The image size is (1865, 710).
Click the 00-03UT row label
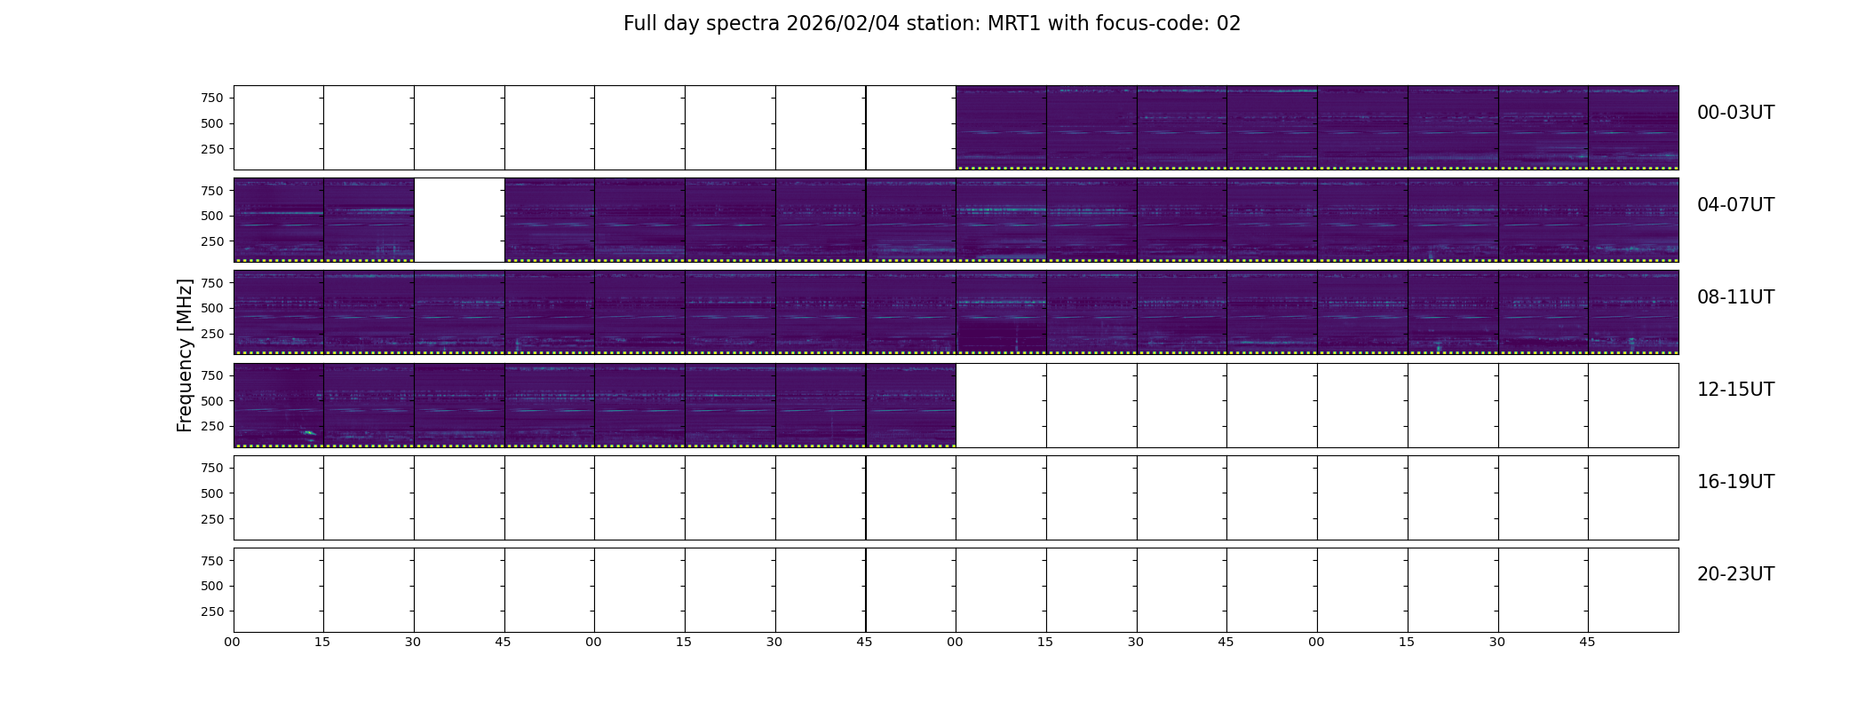1735,113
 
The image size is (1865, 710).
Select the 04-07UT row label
1735,205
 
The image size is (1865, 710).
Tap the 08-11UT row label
1735,297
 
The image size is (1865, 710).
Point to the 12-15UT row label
1735,390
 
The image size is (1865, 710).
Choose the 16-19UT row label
1735,482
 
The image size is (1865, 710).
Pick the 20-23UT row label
1735,574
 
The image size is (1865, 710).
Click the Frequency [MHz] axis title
185,355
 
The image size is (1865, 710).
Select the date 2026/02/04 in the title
843,24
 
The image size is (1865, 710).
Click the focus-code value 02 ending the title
1228,24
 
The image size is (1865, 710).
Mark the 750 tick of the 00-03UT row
211,98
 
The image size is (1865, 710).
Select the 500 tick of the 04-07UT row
211,216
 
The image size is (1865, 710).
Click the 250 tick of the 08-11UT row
211,334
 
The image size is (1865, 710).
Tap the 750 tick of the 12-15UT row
211,375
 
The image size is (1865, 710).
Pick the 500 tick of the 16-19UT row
211,493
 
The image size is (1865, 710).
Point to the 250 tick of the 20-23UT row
211,611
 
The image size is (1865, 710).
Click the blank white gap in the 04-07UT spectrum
459,220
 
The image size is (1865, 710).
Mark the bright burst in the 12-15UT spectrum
309,433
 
